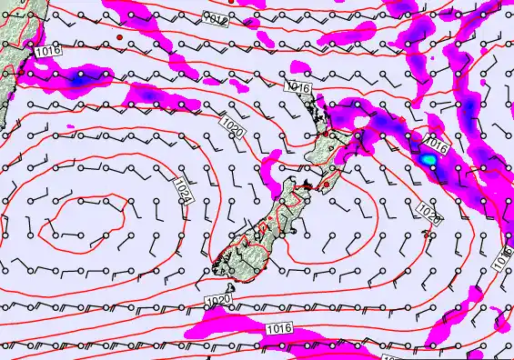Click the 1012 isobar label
click(x=215, y=18)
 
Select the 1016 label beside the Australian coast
click(x=48, y=52)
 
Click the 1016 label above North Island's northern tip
click(x=297, y=86)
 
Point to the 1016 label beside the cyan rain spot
click(x=436, y=145)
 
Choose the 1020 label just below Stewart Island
click(x=217, y=300)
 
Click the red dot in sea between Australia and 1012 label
click(x=119, y=36)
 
